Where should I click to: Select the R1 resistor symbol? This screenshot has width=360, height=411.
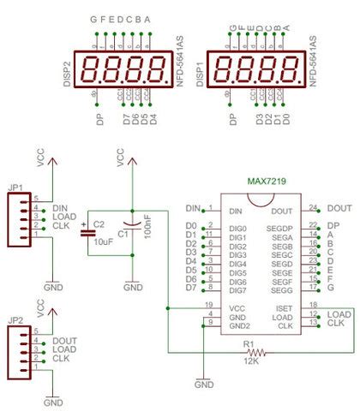250,351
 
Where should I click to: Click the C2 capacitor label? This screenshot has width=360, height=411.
99,224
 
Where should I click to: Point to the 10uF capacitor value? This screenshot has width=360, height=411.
101,242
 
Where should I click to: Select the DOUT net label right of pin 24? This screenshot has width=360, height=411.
339,208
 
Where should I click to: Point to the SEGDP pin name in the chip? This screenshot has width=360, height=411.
279,229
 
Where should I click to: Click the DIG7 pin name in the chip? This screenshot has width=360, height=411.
237,289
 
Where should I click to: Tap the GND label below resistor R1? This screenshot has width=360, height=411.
204,385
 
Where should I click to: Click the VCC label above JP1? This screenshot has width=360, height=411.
41,158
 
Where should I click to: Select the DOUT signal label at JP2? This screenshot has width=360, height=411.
64,341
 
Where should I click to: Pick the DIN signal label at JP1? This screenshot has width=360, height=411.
59,207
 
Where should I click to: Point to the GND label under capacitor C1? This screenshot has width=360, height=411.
133,288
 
